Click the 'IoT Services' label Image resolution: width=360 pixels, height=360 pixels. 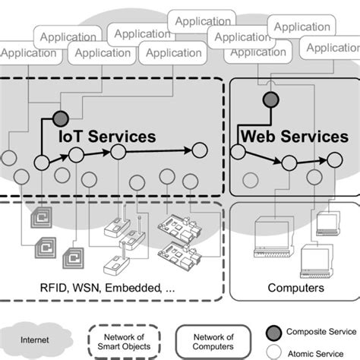coord(107,136)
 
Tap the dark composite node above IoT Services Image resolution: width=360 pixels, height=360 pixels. coord(59,118)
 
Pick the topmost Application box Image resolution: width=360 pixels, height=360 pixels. coord(203,21)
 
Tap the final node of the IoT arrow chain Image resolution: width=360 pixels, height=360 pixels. coord(200,150)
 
